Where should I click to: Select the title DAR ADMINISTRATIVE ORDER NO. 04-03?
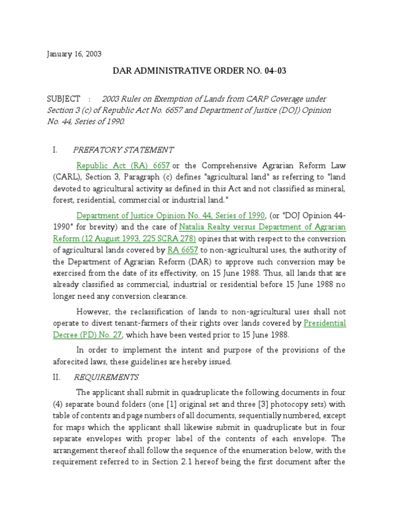(199, 71)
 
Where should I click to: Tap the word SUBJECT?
(63, 99)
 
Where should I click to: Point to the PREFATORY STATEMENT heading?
(123, 150)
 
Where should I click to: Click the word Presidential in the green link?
(325, 323)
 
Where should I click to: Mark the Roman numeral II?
(57, 377)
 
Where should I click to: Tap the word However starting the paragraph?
(94, 311)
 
